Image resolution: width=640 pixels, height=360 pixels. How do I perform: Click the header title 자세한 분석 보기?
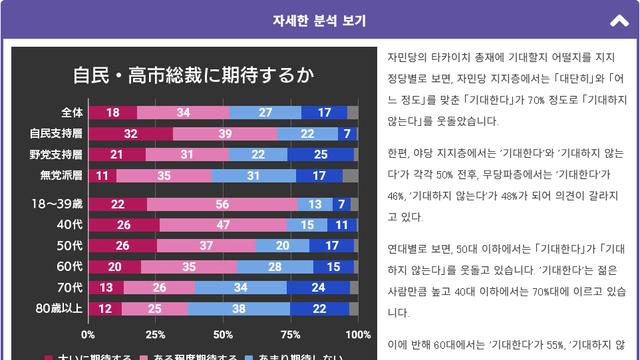pyautogui.click(x=319, y=20)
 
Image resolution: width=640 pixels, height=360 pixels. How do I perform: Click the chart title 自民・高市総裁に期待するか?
pyautogui.click(x=192, y=75)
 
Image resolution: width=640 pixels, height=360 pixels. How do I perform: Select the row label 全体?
pyautogui.click(x=71, y=112)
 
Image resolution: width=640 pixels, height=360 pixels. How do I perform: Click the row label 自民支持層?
pyautogui.click(x=56, y=133)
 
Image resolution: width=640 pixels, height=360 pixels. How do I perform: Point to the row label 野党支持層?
pyautogui.click(x=56, y=154)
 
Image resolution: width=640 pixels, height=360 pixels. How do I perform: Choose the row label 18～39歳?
pyautogui.click(x=58, y=203)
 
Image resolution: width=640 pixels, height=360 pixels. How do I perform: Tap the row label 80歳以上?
pyautogui.click(x=59, y=308)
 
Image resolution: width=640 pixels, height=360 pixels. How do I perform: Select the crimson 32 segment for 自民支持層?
pyautogui.click(x=130, y=133)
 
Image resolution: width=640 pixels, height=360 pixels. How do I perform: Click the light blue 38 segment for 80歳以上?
pyautogui.click(x=238, y=308)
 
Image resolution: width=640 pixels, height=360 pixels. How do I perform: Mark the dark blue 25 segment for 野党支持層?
pyautogui.click(x=320, y=154)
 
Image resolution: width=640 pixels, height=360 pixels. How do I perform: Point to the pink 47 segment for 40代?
pyautogui.click(x=221, y=225)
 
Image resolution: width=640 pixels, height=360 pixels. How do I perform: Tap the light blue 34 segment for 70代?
pyautogui.click(x=239, y=287)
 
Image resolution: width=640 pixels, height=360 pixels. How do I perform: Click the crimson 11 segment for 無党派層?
pyautogui.click(x=102, y=175)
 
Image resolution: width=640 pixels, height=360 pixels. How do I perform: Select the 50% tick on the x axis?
pyautogui.click(x=222, y=334)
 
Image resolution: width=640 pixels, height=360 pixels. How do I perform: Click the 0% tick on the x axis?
pyautogui.click(x=88, y=334)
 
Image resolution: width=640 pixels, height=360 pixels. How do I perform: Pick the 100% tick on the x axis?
pyautogui.click(x=356, y=334)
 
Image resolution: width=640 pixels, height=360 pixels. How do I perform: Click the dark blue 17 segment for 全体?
pyautogui.click(x=324, y=112)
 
